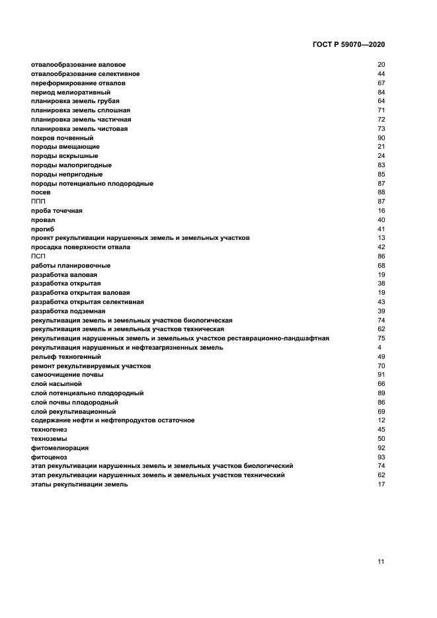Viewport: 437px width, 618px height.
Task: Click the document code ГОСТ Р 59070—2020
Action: [348, 44]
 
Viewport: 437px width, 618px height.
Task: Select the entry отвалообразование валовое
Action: [78, 65]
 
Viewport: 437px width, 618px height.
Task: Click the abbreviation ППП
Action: [38, 201]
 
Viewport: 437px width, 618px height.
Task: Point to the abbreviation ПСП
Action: [38, 256]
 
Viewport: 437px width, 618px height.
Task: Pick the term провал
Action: [43, 219]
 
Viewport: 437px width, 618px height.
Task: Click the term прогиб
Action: [42, 229]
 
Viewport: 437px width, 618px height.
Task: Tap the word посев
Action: [41, 192]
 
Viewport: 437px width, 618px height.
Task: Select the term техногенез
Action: [49, 430]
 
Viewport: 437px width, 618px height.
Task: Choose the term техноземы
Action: [49, 439]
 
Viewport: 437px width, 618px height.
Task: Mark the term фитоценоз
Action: [49, 457]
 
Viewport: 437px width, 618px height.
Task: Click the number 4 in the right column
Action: [379, 347]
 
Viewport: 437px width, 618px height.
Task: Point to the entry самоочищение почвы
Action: [67, 375]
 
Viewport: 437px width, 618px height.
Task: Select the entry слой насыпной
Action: [56, 384]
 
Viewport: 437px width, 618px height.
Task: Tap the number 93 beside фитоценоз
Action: [381, 457]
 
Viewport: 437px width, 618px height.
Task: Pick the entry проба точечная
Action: [57, 210]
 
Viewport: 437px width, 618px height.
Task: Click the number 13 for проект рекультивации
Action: [381, 238]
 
